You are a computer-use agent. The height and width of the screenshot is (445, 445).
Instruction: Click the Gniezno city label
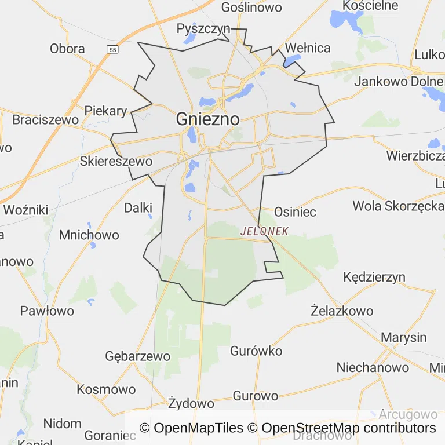[207, 119]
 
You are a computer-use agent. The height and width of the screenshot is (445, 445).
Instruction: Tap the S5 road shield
[112, 50]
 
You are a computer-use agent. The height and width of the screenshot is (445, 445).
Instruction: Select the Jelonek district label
[264, 231]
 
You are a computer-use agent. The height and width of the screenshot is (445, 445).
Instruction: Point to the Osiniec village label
[295, 212]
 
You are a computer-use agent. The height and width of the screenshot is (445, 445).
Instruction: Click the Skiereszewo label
[116, 161]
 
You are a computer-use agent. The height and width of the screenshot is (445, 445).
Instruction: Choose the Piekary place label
[105, 111]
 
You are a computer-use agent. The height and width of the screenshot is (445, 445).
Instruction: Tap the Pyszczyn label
[203, 28]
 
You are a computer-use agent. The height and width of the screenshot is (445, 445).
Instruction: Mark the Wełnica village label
[308, 48]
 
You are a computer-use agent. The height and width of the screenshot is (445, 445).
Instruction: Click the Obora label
[67, 49]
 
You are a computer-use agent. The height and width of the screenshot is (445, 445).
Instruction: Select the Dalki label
[138, 207]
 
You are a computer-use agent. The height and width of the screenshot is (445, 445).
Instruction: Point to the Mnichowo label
[89, 235]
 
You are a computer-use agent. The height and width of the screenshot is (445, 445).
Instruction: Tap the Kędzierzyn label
[374, 277]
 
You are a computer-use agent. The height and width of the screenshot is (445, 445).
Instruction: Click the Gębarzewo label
[138, 356]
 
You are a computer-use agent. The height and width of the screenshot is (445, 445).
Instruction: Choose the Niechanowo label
[373, 367]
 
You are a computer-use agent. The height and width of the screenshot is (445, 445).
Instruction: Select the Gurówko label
[256, 351]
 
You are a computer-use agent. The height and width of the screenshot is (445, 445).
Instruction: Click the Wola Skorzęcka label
[398, 206]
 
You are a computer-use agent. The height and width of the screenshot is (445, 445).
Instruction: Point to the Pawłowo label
[47, 311]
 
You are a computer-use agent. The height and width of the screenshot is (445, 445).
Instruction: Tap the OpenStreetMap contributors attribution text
[348, 428]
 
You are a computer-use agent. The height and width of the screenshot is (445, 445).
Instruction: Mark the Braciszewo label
[45, 120]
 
